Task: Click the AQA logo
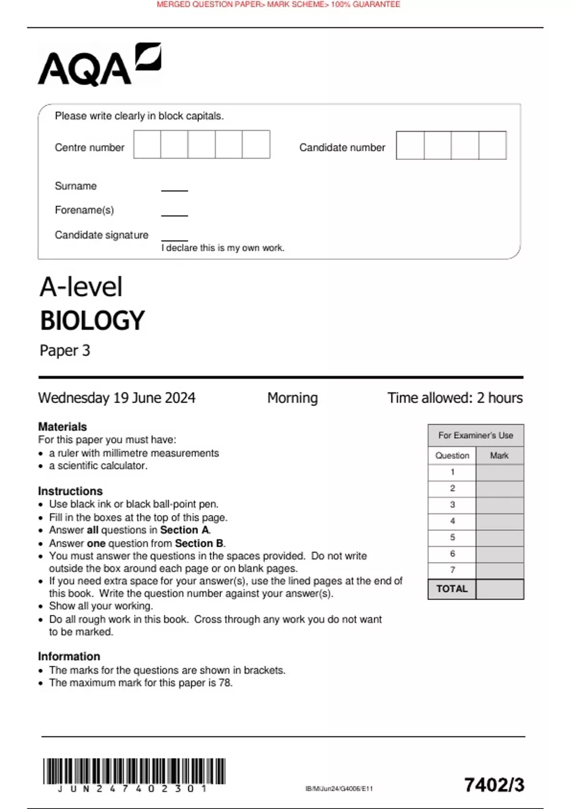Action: (x=99, y=65)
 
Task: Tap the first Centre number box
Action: (x=147, y=145)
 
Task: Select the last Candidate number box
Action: (x=492, y=146)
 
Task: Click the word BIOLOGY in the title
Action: (x=92, y=321)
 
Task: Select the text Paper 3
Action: (x=65, y=351)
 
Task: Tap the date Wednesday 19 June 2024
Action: (x=117, y=398)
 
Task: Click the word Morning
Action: (x=292, y=398)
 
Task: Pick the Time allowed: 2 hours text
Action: (x=455, y=398)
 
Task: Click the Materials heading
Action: (x=62, y=427)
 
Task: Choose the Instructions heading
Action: (x=70, y=491)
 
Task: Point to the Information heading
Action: (x=69, y=657)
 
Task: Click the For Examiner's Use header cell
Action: (x=475, y=435)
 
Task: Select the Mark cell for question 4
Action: (x=499, y=522)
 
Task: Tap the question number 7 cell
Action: (x=452, y=570)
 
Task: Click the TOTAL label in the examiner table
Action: (x=452, y=589)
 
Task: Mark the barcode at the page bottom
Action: (x=134, y=771)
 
